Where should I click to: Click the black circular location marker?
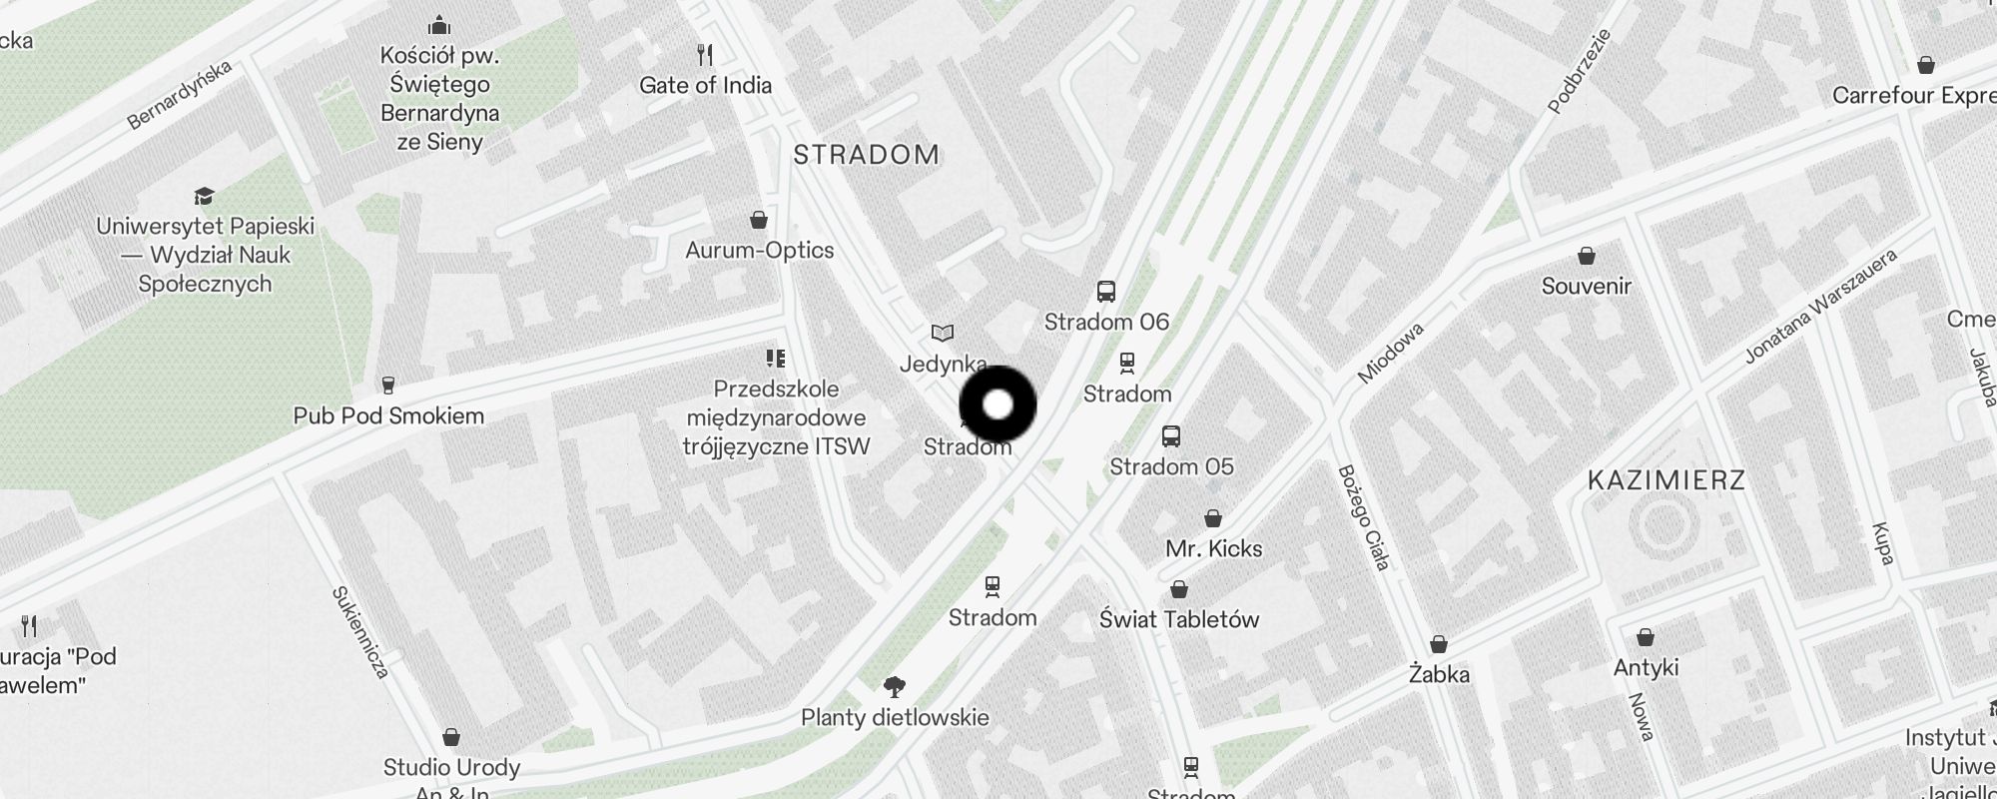point(998,404)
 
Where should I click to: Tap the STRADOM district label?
point(866,155)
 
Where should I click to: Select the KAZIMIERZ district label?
point(1665,480)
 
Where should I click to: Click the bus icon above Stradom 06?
point(1105,292)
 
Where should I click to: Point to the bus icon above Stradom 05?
point(1171,436)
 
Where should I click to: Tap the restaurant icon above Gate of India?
point(705,54)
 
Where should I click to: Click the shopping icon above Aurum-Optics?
point(759,220)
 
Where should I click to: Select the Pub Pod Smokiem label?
point(388,415)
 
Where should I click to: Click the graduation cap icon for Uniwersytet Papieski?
point(205,196)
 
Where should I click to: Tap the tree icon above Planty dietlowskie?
point(895,687)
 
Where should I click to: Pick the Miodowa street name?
point(1390,353)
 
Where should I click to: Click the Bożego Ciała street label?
point(1363,517)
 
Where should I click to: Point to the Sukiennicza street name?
point(359,632)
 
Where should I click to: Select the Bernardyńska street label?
point(180,95)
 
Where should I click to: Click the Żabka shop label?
point(1439,674)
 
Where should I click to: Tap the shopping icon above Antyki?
point(1646,637)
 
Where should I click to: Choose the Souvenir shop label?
point(1586,287)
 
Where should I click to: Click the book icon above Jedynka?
point(943,333)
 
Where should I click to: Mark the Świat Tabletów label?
point(1179,619)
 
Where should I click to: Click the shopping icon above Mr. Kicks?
point(1213,518)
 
